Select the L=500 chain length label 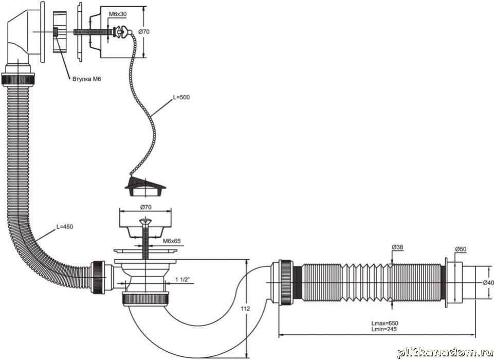pos(181,97)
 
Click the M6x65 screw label pos(171,241)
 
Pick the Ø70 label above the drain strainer pos(144,207)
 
